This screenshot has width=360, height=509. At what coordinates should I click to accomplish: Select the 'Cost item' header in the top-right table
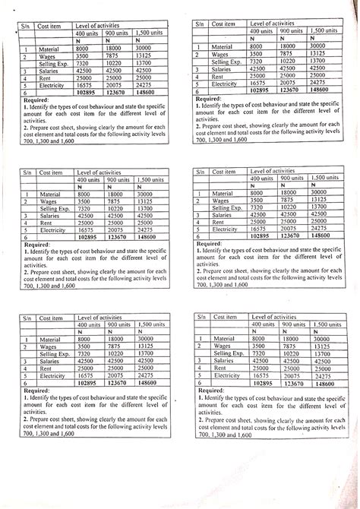coord(224,24)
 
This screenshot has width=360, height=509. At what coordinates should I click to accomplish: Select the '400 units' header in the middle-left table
coord(88,179)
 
